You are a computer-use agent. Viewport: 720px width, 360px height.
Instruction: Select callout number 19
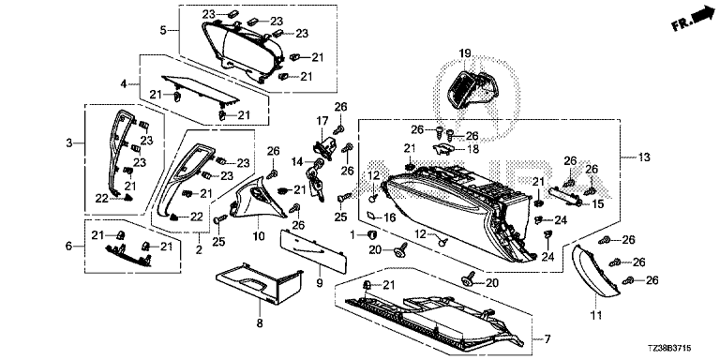(x=465, y=53)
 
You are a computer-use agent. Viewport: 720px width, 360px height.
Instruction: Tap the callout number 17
(x=322, y=121)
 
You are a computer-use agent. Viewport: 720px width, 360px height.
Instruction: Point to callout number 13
(x=644, y=157)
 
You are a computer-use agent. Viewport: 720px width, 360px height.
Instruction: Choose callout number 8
(x=260, y=323)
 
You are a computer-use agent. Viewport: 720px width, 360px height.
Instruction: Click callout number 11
(x=596, y=315)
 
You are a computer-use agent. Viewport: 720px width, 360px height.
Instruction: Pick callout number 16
(x=390, y=217)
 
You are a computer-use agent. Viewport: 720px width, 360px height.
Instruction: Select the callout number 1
(x=353, y=235)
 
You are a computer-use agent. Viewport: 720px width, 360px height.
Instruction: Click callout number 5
(x=163, y=31)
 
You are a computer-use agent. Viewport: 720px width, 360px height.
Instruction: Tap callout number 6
(x=68, y=247)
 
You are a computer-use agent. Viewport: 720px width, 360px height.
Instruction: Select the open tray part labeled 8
(x=260, y=284)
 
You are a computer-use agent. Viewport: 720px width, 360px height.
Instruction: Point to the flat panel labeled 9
(x=314, y=250)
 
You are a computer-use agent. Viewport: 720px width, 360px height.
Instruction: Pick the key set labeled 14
(x=315, y=179)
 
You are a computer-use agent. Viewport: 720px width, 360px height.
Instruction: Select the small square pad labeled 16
(x=372, y=216)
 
